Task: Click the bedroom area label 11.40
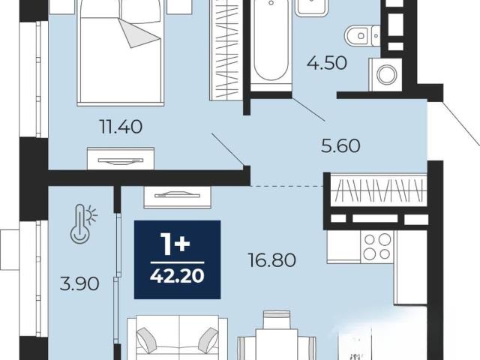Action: (x=121, y=127)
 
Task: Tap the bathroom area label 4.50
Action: (x=327, y=63)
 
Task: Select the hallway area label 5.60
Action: (x=340, y=145)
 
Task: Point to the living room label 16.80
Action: (x=271, y=260)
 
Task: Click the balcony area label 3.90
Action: (x=79, y=283)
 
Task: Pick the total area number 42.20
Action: (x=177, y=277)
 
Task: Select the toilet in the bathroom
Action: (x=362, y=36)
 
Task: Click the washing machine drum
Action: (x=387, y=74)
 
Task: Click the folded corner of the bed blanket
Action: (x=139, y=33)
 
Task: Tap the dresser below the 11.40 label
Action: (x=121, y=158)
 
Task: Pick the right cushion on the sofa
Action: (x=208, y=338)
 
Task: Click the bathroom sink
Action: (x=312, y=7)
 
